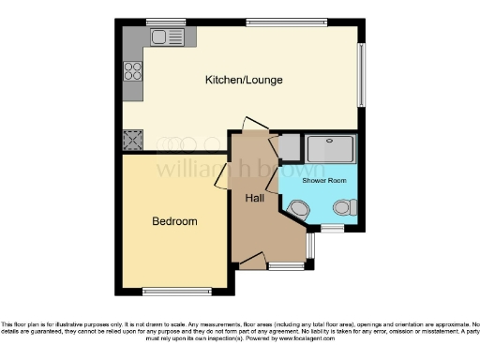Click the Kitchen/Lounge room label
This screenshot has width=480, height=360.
pyautogui.click(x=244, y=80)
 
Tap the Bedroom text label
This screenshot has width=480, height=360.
pyautogui.click(x=175, y=221)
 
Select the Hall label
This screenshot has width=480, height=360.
pyautogui.click(x=255, y=199)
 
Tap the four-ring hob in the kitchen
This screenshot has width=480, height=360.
pyautogui.click(x=132, y=70)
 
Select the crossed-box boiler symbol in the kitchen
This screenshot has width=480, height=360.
pyautogui.click(x=131, y=141)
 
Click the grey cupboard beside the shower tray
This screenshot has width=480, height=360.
pyautogui.click(x=290, y=146)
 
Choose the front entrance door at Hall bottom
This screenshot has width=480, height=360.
pyautogui.click(x=251, y=260)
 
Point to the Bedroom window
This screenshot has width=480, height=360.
pyautogui.click(x=176, y=288)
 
